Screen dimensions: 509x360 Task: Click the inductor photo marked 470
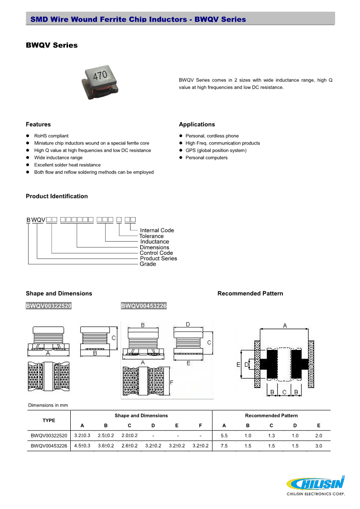101,80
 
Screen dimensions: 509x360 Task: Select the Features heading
38,125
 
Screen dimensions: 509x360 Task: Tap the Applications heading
197,125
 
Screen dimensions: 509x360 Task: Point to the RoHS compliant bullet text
51,136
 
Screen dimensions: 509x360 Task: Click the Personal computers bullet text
206,158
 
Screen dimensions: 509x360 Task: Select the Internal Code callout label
157,230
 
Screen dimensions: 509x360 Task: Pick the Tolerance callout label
151,236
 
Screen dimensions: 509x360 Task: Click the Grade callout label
148,264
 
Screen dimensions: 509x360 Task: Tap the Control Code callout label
156,253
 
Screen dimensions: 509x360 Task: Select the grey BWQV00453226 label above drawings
144,306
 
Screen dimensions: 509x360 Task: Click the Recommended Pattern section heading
250,294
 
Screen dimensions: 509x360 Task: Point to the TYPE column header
49,420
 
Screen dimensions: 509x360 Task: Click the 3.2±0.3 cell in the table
82,436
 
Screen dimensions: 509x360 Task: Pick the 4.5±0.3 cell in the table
82,446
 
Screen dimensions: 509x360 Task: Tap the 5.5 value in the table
224,436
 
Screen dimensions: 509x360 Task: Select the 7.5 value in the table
224,446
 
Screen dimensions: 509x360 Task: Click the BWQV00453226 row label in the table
49,446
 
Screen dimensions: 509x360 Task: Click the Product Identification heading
57,196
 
